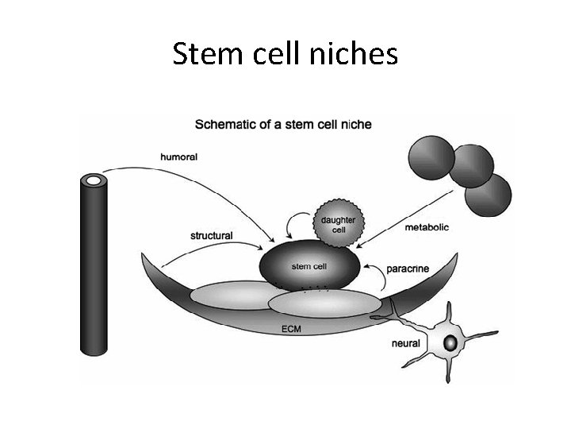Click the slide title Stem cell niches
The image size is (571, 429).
[285, 55]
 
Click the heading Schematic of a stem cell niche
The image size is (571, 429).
[283, 124]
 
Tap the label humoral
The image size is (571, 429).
[179, 157]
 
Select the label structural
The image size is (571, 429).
[211, 235]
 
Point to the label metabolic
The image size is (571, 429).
[427, 227]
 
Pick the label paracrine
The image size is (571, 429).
[408, 269]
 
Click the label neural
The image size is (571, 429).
[406, 343]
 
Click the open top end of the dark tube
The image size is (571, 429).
[94, 182]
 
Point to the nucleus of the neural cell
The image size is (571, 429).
[450, 343]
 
